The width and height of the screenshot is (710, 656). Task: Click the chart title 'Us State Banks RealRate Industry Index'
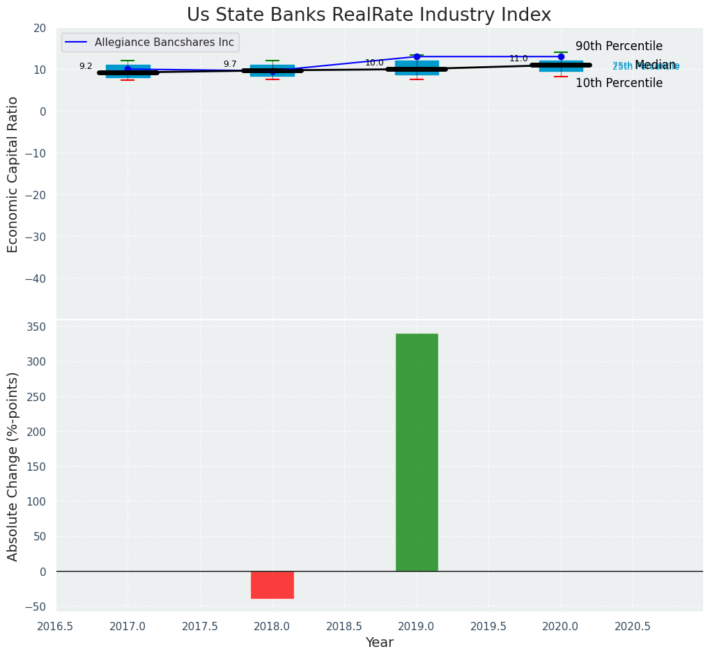(x=369, y=15)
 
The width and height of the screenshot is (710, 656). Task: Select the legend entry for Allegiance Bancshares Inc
(x=150, y=42)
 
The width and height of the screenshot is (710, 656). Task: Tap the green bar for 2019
(x=417, y=452)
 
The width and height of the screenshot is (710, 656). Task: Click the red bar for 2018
(x=272, y=584)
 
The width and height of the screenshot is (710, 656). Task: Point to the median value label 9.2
(x=86, y=66)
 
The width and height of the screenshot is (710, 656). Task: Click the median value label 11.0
(x=518, y=58)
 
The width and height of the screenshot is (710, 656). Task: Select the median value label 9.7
(x=230, y=64)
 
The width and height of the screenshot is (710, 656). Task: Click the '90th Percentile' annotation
(x=619, y=47)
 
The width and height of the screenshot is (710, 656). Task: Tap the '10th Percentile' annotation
(x=619, y=83)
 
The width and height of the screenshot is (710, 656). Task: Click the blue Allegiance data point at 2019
(x=417, y=56)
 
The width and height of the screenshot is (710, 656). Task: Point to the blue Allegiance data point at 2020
(x=561, y=56)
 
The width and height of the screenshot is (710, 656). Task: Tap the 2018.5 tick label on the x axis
(x=344, y=626)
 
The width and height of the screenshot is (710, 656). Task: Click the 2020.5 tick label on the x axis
(x=633, y=626)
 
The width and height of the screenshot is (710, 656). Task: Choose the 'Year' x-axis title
(x=379, y=643)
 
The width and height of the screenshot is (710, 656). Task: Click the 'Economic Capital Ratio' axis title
(x=13, y=174)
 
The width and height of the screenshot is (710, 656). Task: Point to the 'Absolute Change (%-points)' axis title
(x=13, y=466)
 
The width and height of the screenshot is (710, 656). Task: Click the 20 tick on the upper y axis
(x=40, y=28)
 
